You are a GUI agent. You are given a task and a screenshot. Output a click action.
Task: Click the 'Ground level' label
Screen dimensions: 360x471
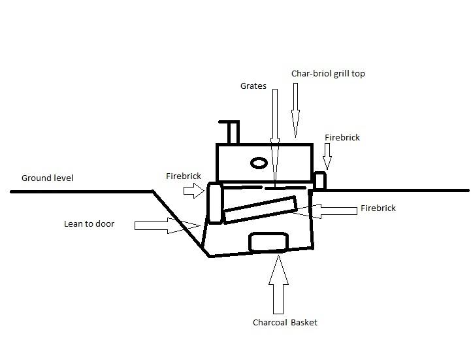click(x=48, y=178)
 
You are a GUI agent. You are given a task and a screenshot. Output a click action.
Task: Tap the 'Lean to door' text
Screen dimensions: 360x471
click(x=89, y=224)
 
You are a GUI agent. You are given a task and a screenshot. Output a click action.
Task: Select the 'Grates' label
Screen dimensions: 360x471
click(x=253, y=86)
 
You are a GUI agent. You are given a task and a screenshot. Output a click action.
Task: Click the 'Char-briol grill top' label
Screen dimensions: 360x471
click(x=328, y=74)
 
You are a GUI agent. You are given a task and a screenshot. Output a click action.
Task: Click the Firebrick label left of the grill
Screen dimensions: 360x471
click(x=184, y=175)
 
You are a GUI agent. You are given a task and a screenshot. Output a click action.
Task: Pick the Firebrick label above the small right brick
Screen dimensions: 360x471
click(x=342, y=138)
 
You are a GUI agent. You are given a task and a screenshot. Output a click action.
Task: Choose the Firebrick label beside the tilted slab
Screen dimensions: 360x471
click(x=378, y=208)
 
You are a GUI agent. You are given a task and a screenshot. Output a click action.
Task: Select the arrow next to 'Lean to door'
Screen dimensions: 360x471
click(x=167, y=225)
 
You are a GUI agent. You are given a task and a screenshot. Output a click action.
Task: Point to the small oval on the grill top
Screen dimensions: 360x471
click(x=259, y=162)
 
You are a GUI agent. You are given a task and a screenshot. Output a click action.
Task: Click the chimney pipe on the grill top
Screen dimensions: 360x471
click(x=231, y=132)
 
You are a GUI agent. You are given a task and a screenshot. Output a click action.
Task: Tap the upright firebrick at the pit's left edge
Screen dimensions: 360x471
click(x=215, y=203)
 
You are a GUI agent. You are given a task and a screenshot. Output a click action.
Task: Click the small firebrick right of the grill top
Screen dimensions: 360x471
click(x=320, y=180)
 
